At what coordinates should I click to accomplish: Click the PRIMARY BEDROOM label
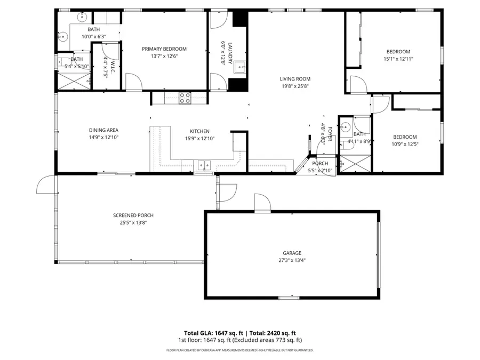click(x=164, y=49)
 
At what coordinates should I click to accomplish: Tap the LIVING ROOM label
click(x=295, y=78)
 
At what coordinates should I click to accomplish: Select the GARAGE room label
click(x=292, y=253)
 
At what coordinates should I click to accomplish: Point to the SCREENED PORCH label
click(x=130, y=215)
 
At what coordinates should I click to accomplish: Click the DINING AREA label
click(x=103, y=130)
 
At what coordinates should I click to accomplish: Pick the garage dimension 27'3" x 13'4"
click(x=292, y=261)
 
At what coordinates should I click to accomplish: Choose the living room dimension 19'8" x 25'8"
click(x=295, y=86)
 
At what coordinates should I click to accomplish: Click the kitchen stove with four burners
click(x=185, y=97)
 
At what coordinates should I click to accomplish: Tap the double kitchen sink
click(x=204, y=165)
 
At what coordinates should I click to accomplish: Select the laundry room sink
click(x=239, y=67)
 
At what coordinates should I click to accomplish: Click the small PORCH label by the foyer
click(x=320, y=164)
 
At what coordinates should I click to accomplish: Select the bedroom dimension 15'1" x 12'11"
click(x=398, y=59)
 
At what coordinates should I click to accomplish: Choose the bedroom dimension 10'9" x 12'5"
click(x=405, y=144)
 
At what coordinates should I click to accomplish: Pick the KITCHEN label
click(x=199, y=131)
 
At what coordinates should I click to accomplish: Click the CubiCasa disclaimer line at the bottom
click(x=240, y=350)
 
